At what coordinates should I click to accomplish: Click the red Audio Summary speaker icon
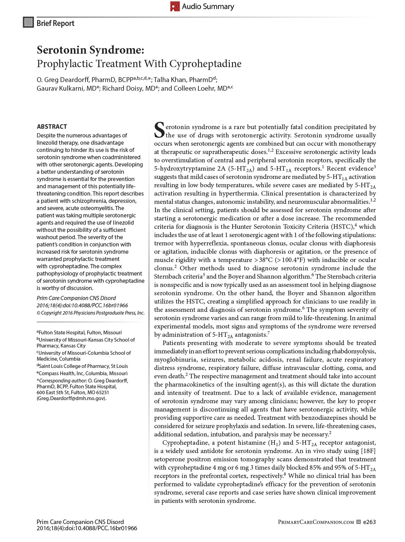pyautogui.click(x=175, y=6)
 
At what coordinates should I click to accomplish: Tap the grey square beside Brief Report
pyautogui.click(x=28, y=22)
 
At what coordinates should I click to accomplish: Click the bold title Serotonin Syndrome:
pyautogui.click(x=90, y=50)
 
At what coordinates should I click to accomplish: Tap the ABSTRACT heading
pyautogui.click(x=52, y=126)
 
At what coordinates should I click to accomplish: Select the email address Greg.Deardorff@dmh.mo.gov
pyautogui.click(x=71, y=398)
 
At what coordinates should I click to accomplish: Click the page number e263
pyautogui.click(x=369, y=522)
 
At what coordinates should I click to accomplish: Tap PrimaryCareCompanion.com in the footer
pyautogui.click(x=316, y=522)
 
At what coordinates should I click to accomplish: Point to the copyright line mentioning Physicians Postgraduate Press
pyautogui.click(x=91, y=313)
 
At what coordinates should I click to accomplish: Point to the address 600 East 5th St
pyautogui.click(x=55, y=392)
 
